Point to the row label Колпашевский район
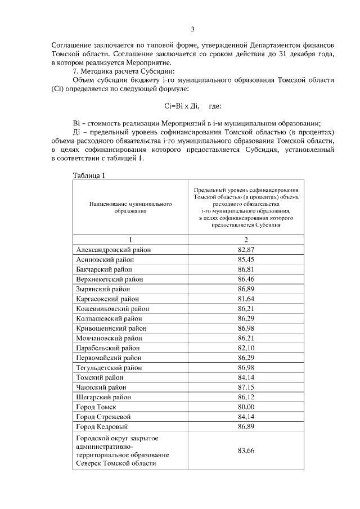(109, 318)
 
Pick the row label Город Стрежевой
(102, 417)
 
